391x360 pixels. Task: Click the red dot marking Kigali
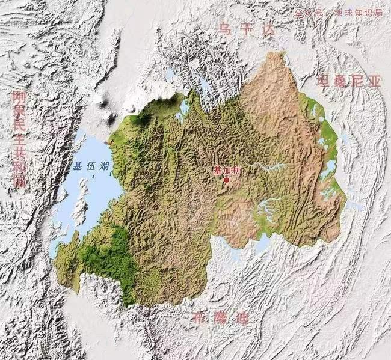227,179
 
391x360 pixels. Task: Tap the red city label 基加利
226,170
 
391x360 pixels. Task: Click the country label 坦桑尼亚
348,81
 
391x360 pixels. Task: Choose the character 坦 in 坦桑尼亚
324,81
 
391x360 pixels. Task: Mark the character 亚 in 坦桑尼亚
374,81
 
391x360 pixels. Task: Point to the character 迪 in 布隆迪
245,318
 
